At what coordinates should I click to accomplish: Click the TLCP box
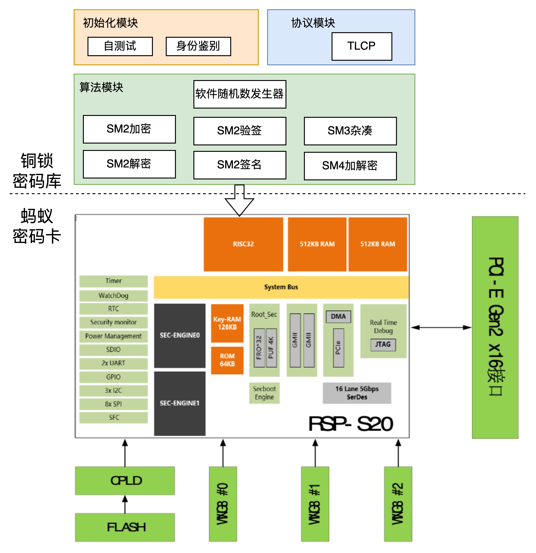pos(361,46)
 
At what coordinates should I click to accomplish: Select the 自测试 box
pos(120,46)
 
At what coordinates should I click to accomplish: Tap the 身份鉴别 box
pos(198,46)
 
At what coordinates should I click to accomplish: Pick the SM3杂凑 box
pos(350,131)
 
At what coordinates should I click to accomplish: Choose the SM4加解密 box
pos(350,166)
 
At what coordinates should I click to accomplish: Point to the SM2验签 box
pos(239,131)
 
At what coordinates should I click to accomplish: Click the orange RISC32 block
pos(243,244)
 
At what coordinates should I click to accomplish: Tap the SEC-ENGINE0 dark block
pos(180,335)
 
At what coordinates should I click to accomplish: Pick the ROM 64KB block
pos(227,360)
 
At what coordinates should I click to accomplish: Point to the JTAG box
pos(383,345)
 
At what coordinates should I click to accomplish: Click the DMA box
pos(338,317)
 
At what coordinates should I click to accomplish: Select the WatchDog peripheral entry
pos(113,296)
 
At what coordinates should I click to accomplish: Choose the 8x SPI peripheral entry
pos(113,404)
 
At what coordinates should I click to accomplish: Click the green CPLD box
pos(125,481)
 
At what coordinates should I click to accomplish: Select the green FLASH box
pos(125,527)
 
